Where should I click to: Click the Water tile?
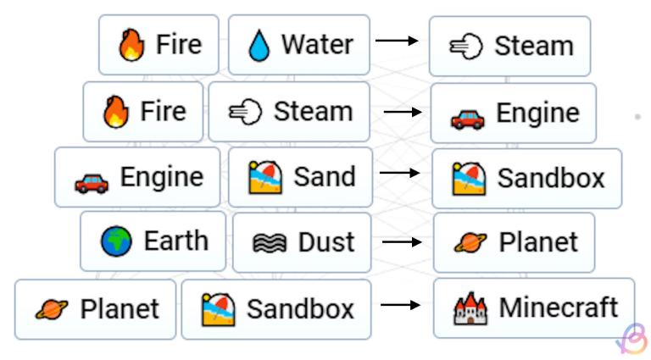pos(299,45)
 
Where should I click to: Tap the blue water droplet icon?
pos(259,46)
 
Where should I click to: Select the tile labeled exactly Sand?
pos(301,177)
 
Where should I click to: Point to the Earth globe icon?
pos(116,241)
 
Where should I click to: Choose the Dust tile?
pos(302,242)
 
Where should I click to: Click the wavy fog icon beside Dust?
pos(270,243)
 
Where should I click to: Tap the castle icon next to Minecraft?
pos(470,308)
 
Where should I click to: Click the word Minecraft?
pos(559,307)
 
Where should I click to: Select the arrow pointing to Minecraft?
pos(400,305)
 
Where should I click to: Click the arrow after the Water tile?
pos(397,41)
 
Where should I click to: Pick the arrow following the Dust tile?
pos(402,241)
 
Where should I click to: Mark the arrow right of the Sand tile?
pos(399,173)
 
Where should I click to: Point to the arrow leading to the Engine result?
pos(403,112)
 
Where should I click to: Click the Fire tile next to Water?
pos(159,45)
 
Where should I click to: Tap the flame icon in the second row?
pos(116,112)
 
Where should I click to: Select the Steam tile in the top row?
pos(509,46)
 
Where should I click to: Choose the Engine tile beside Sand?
pos(137,177)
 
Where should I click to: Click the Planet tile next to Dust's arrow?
pos(514,242)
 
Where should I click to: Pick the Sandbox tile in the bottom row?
pos(276,309)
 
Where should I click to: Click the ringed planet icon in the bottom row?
pos(52,309)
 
